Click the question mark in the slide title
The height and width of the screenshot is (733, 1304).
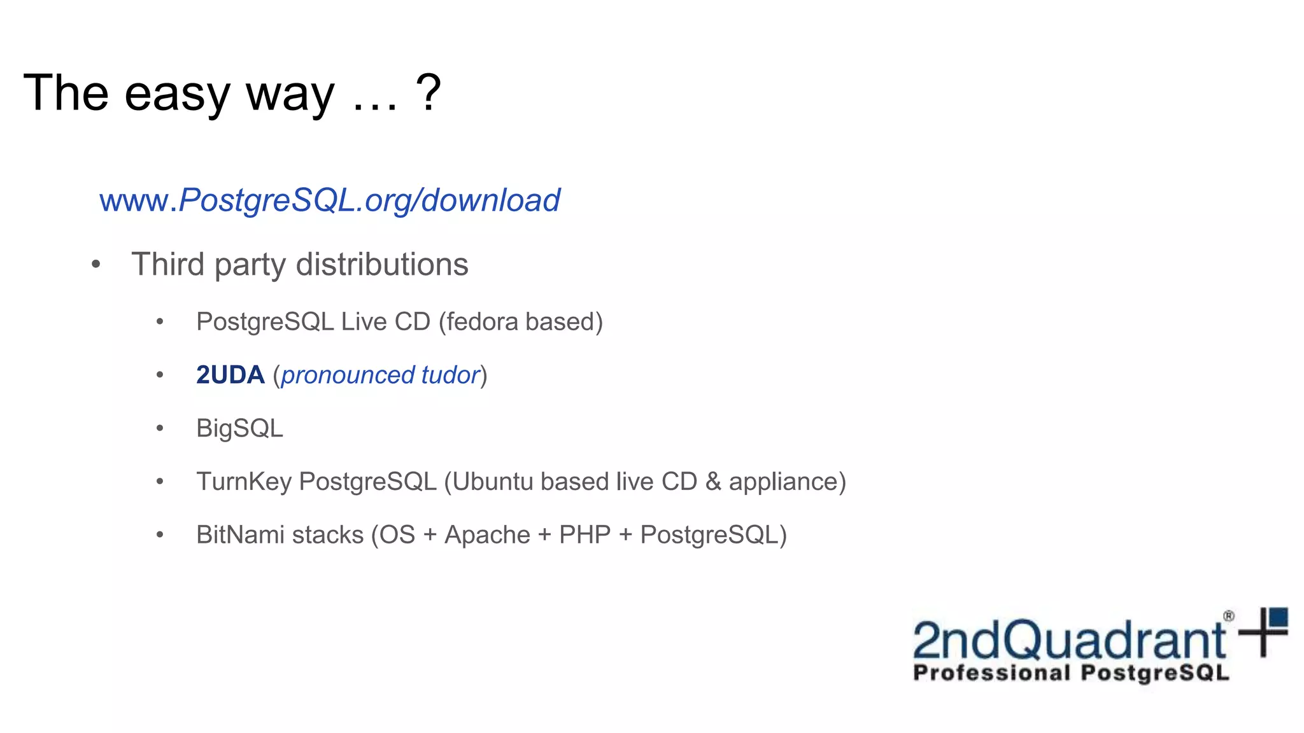429,93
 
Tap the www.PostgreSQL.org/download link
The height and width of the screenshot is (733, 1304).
329,200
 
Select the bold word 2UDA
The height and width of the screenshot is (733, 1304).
230,375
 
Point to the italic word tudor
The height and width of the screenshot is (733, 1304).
450,375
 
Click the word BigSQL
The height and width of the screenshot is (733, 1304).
239,429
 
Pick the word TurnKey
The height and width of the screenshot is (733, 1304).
244,482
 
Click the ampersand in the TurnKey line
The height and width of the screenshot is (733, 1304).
713,482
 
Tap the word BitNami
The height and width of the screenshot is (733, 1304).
240,535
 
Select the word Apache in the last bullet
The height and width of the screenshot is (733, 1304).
487,535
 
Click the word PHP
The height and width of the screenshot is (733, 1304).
585,535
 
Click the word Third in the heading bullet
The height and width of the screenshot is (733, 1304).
168,265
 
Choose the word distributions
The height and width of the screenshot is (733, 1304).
382,265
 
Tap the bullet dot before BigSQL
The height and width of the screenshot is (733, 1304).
160,429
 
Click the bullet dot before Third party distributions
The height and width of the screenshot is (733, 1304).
96,265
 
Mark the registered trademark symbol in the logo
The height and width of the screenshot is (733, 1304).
1229,616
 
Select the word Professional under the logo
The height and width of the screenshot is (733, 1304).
991,673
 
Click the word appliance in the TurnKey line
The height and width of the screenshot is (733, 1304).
787,482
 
